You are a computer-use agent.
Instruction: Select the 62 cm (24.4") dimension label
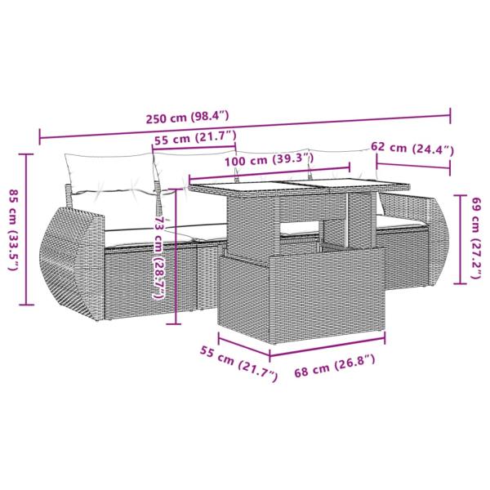click(412, 149)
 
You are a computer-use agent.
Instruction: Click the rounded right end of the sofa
click(437, 245)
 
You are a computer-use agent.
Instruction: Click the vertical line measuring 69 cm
click(460, 237)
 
